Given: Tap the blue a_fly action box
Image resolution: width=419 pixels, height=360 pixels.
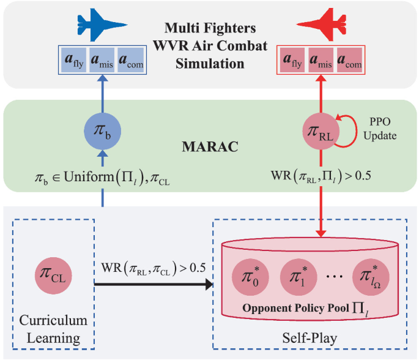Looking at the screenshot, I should [73, 61].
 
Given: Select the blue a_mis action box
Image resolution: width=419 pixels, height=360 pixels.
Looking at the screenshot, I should [102, 61].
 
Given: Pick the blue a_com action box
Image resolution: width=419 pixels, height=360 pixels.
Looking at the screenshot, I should [131, 61].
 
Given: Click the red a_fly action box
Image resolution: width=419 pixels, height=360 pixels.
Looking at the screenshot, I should [292, 61].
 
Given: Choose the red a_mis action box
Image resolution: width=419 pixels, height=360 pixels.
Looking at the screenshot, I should [321, 61].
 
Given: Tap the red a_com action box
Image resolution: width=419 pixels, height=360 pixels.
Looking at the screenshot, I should [349, 61].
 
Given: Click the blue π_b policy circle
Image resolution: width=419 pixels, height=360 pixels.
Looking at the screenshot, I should [102, 131].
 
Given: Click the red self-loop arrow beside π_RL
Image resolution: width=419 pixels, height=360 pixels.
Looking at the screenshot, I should [349, 131].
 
